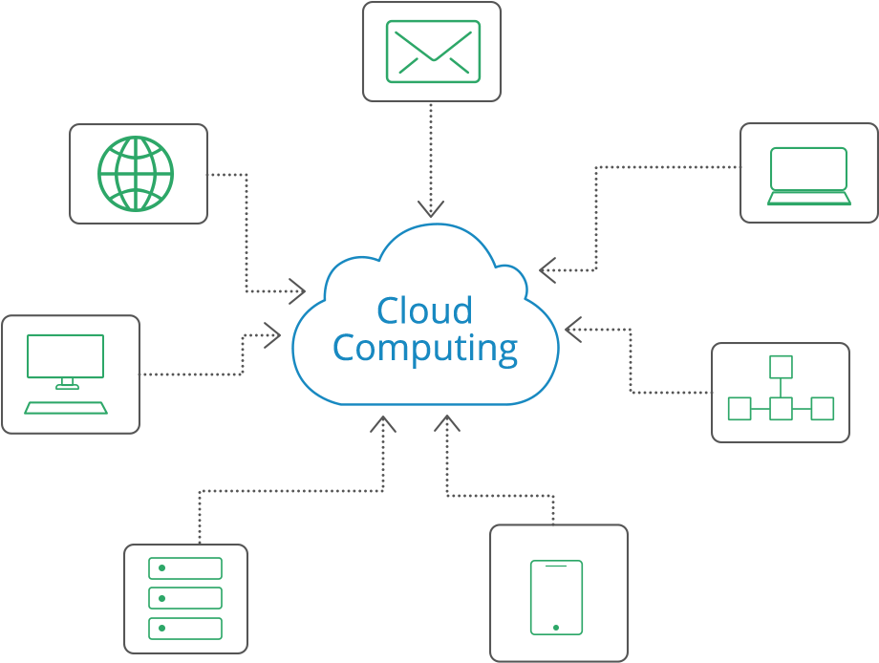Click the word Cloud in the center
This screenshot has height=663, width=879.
tap(424, 310)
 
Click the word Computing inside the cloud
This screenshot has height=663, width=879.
tap(425, 348)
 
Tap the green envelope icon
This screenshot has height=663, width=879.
tap(432, 51)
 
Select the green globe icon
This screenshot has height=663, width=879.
tap(137, 174)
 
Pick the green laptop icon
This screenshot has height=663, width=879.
tap(809, 176)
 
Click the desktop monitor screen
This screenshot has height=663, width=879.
tap(66, 355)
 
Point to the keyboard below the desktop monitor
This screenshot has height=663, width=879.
tap(66, 408)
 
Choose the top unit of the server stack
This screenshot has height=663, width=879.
tap(185, 568)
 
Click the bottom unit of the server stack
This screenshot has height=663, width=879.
tap(185, 628)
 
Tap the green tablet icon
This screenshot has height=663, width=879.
tap(557, 597)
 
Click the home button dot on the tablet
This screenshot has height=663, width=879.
tap(557, 627)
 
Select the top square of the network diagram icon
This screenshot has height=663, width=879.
tap(782, 367)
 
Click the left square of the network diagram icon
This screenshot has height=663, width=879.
tap(740, 409)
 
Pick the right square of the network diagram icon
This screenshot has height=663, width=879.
tap(823, 409)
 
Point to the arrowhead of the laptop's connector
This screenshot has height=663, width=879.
tap(547, 269)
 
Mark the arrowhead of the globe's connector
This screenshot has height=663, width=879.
tap(297, 289)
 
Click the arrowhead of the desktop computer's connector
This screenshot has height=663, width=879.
tap(273, 334)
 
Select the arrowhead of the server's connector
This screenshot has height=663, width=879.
tap(383, 424)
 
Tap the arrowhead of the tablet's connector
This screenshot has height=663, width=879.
tap(447, 424)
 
